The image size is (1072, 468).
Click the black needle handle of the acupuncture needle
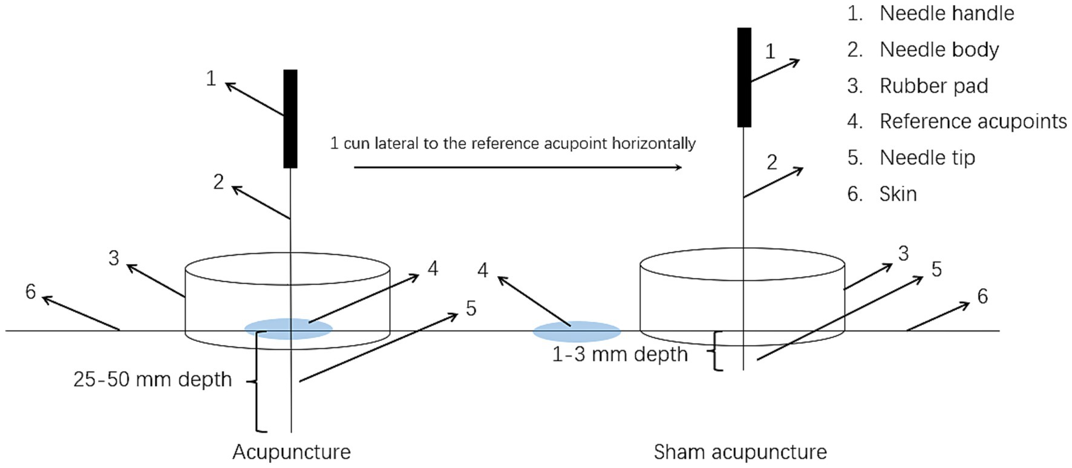290,119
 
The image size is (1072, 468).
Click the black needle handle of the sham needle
744,77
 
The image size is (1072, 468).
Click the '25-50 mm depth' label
152,380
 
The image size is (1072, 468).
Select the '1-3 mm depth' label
619,354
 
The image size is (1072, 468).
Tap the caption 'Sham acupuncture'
740,452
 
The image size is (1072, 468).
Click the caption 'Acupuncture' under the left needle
292,452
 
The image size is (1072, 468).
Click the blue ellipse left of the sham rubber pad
577,332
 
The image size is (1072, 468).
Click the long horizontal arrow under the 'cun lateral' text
517,167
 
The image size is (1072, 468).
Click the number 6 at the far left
31,292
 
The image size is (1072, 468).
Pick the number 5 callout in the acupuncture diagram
471,309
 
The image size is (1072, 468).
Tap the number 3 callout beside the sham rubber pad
903,254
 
